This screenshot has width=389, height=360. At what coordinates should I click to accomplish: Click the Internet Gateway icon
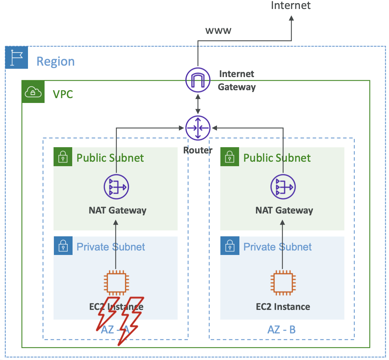point(198,79)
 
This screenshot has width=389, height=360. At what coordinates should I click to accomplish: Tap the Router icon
point(198,128)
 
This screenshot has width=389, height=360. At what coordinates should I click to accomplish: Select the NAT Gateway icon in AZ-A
point(116,187)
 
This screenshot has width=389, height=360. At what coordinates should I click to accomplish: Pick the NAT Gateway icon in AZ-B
point(283,187)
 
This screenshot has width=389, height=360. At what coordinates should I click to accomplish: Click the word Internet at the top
point(291,6)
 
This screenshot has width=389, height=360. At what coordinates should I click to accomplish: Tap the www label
point(218,30)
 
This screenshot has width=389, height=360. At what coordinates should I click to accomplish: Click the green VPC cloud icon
point(33,92)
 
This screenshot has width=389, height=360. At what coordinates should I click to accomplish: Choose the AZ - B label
point(282,330)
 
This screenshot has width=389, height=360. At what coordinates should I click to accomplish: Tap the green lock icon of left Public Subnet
point(63,157)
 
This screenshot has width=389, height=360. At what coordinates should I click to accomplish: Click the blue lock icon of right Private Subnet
point(230,246)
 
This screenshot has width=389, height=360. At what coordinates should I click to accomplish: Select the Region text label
point(56,61)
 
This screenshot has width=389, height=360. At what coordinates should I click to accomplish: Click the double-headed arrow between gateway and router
point(198,105)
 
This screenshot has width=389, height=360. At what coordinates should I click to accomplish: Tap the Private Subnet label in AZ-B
point(277,247)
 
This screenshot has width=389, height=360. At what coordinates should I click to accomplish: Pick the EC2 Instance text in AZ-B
point(283,307)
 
